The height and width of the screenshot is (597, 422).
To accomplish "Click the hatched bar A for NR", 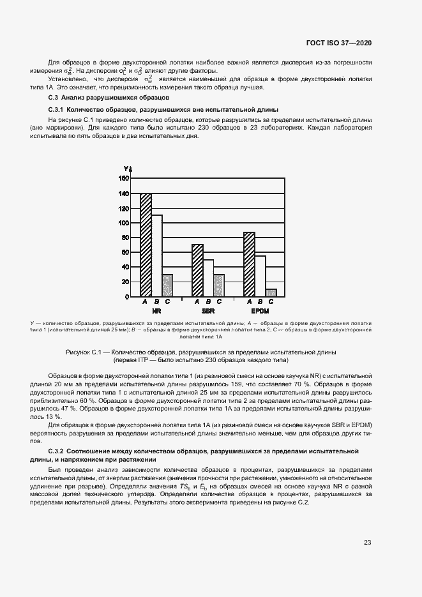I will pos(146,245).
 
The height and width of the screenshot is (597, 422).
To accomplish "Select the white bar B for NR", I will pos(156,256).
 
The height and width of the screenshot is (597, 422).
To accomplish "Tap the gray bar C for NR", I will pos(167,285).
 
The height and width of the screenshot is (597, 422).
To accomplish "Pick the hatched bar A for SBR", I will pos(197,271).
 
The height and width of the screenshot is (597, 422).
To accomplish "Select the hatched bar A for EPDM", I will pos(249,264).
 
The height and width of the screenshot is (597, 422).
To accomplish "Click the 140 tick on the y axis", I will pos(124,193).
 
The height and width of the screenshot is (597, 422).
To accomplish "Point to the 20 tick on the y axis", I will pos(126,282).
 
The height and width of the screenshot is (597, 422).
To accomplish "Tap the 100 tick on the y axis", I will pos(124,223).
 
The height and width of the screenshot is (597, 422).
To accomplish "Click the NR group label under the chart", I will pos(156,311).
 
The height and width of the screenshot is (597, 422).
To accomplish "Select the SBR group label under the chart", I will pos(208,311).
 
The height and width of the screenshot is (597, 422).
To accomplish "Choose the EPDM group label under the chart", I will pos(260,311).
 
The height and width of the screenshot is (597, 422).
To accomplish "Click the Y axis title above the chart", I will pos(126,169).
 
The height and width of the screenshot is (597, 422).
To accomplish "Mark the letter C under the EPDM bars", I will pos(271,301).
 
